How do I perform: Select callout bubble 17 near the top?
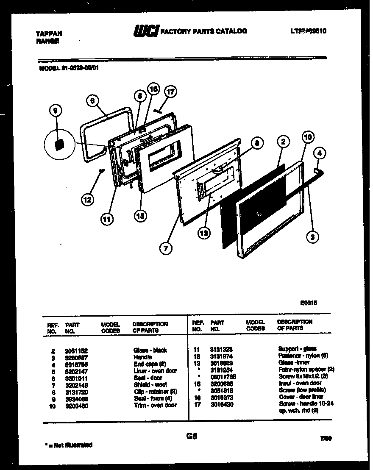click(170, 92)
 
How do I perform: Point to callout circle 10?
click(308, 137)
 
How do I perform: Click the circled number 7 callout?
click(166, 248)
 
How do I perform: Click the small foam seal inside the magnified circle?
click(59, 145)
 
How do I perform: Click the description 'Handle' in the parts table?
click(142, 357)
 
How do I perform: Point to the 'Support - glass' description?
click(297, 349)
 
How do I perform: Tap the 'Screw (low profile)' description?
click(302, 390)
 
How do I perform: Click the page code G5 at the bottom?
click(192, 437)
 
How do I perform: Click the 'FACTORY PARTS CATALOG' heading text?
click(204, 31)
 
